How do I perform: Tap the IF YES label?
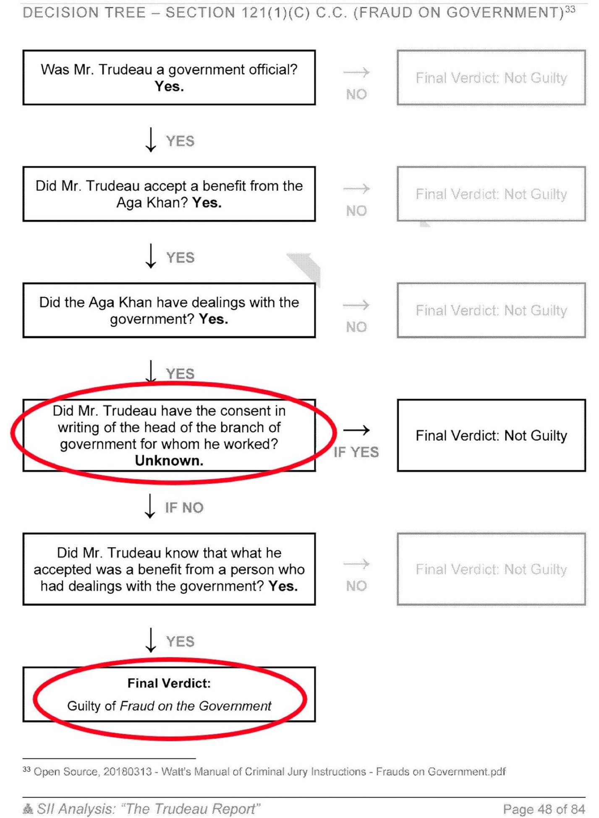pyautogui.click(x=356, y=452)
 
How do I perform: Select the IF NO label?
pyautogui.click(x=184, y=508)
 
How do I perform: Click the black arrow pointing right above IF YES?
pyautogui.click(x=356, y=430)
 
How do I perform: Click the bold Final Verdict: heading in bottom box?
pyautogui.click(x=169, y=683)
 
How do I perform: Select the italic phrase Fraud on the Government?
pyautogui.click(x=196, y=706)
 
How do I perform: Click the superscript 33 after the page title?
pyautogui.click(x=570, y=9)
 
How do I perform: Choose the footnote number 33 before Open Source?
pyautogui.click(x=26, y=769)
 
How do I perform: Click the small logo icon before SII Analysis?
pyautogui.click(x=28, y=809)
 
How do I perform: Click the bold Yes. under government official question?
pyautogui.click(x=169, y=87)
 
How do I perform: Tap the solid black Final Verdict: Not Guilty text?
pyautogui.click(x=491, y=435)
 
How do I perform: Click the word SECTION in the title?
pyautogui.click(x=200, y=13)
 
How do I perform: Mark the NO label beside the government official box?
pyautogui.click(x=356, y=94)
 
